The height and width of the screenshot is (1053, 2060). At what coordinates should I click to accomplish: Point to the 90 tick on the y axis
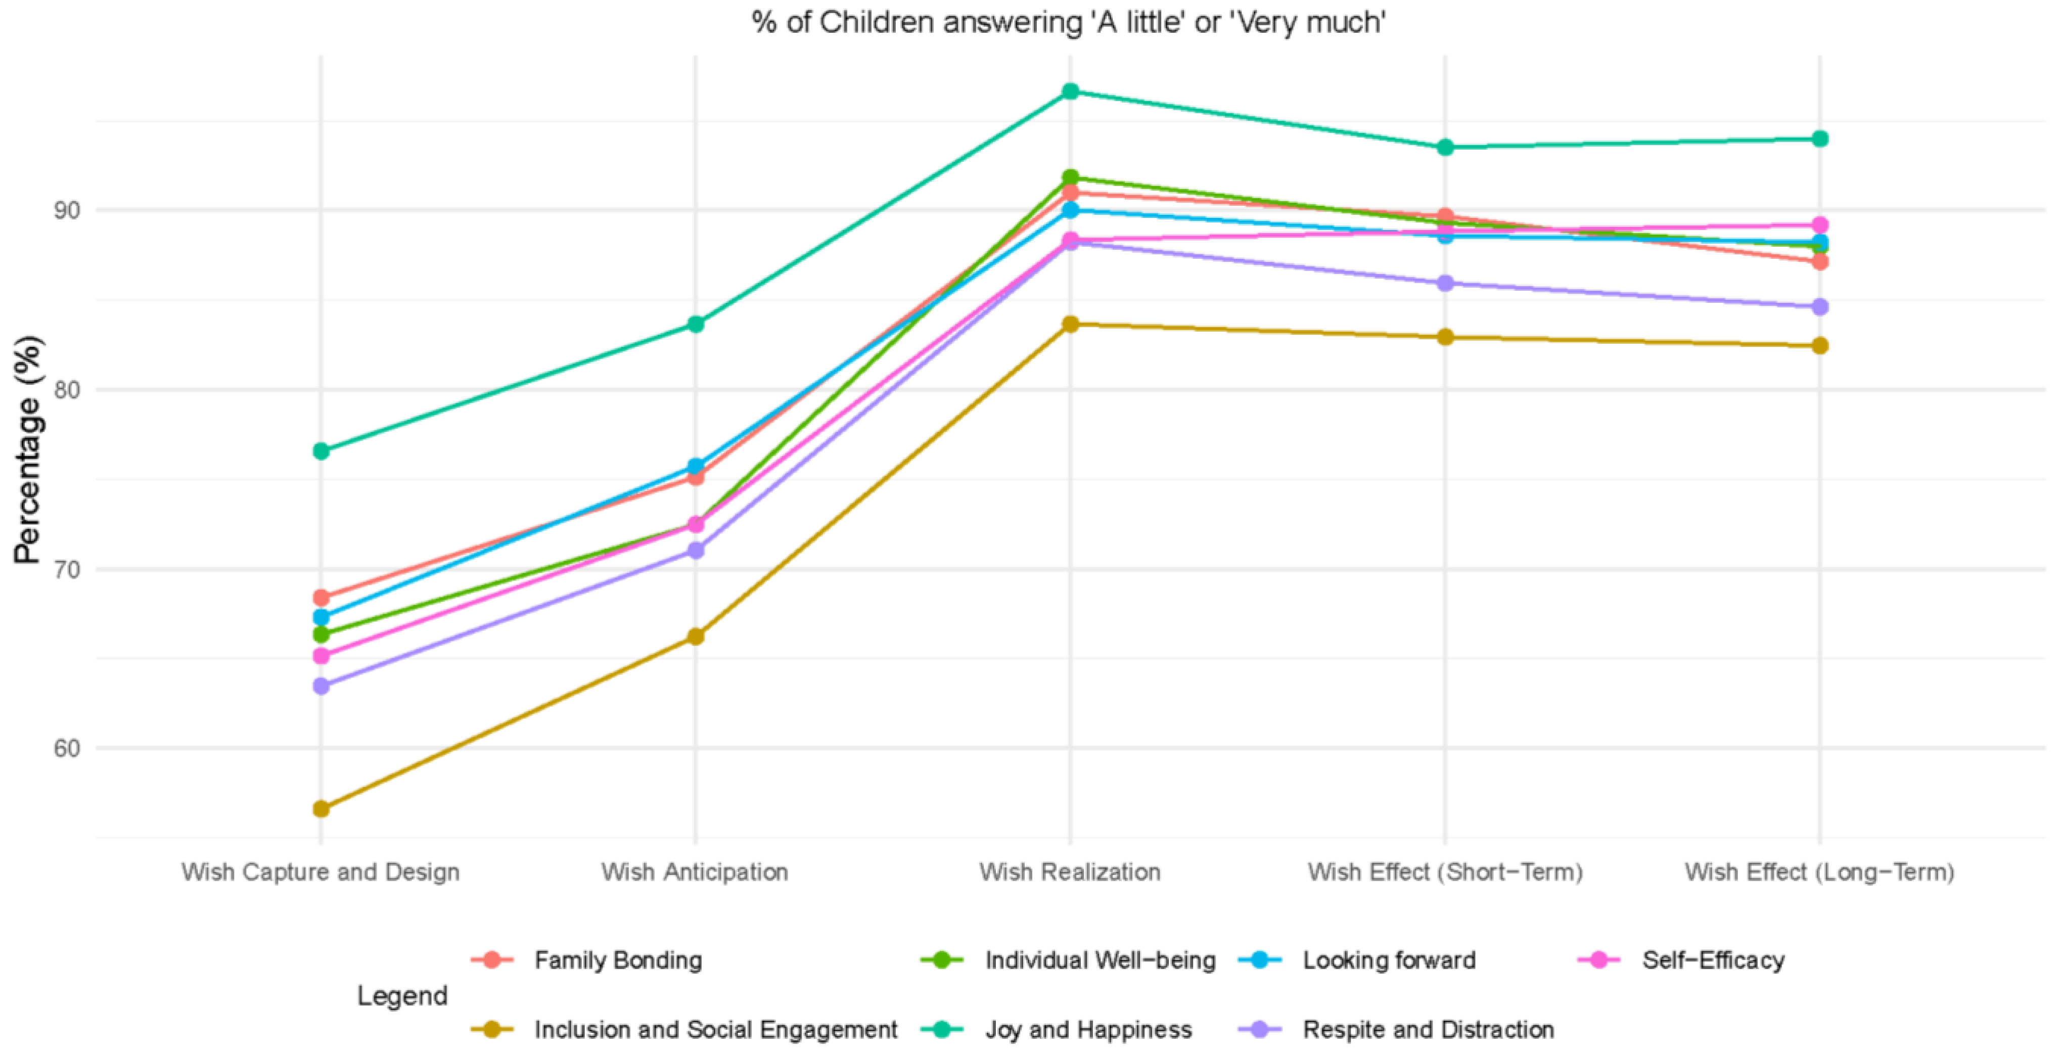[x=67, y=210]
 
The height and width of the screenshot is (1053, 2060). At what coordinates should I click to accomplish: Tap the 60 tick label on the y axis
[x=67, y=748]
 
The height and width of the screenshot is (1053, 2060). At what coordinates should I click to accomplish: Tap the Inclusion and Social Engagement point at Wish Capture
[x=321, y=809]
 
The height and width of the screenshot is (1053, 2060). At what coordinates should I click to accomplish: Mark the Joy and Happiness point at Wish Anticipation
[x=696, y=324]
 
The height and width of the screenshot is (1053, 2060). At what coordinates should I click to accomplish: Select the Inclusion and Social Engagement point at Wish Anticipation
[x=696, y=636]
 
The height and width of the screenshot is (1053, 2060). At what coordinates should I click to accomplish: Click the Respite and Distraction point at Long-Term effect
[x=1819, y=307]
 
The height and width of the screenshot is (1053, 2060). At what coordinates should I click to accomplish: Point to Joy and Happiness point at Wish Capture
[x=321, y=451]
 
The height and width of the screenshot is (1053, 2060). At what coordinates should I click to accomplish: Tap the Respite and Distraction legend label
[x=1428, y=1029]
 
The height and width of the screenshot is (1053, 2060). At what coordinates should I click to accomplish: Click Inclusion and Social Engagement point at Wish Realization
[x=1070, y=324]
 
